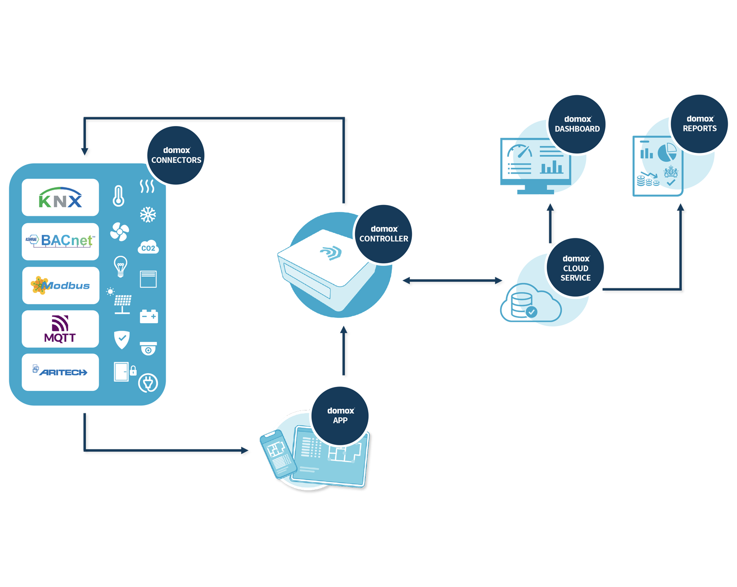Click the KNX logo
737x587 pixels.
pyautogui.click(x=60, y=198)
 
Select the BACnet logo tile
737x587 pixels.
pyautogui.click(x=60, y=241)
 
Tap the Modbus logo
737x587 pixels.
pyautogui.click(x=60, y=285)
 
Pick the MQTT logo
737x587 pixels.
pyautogui.click(x=60, y=329)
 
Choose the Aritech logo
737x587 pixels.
pyautogui.click(x=60, y=372)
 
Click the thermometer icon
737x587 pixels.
pyautogui.click(x=118, y=196)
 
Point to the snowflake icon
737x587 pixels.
pyautogui.click(x=148, y=214)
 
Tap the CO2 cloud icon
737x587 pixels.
pyautogui.click(x=148, y=247)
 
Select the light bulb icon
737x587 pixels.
pyautogui.click(x=120, y=266)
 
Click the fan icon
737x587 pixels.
pyautogui.click(x=119, y=232)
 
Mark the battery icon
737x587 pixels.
pyautogui.click(x=149, y=316)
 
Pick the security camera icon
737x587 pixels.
pyautogui.click(x=148, y=348)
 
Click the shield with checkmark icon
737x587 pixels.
pyautogui.click(x=122, y=339)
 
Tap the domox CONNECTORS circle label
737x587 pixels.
pyautogui.click(x=176, y=155)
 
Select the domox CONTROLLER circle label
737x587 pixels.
pyautogui.click(x=383, y=234)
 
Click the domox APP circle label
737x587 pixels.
pyautogui.click(x=340, y=415)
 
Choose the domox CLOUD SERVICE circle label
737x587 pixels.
pyautogui.click(x=576, y=268)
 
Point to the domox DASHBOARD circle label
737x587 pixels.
pyautogui.click(x=577, y=124)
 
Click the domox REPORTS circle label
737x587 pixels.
pyautogui.click(x=700, y=124)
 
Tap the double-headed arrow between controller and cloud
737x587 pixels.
pyautogui.click(x=452, y=281)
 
